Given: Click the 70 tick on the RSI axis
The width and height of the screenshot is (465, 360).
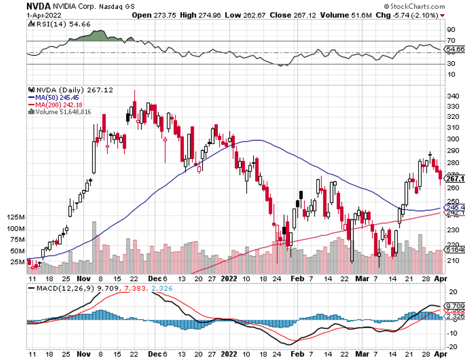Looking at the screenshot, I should tap(450, 41).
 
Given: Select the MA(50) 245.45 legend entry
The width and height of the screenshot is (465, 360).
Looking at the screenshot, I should tap(54, 97).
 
